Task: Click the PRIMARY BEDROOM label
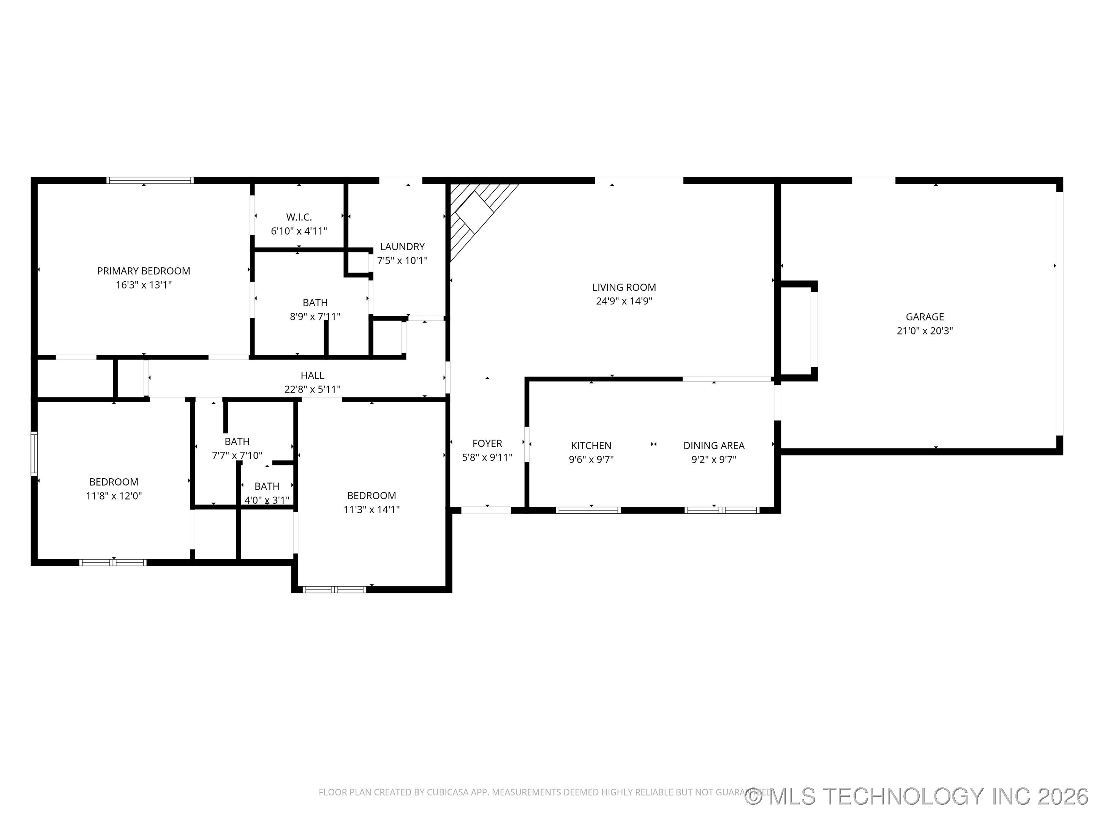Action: (x=144, y=271)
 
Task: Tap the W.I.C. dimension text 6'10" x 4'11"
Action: (x=299, y=231)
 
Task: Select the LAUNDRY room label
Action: (x=402, y=246)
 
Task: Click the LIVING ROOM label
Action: (x=624, y=287)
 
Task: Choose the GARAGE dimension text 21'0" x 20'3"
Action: (x=924, y=331)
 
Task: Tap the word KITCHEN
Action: (x=591, y=445)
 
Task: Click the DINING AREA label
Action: (x=714, y=445)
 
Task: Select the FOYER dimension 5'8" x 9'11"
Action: (x=487, y=457)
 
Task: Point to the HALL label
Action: (x=312, y=375)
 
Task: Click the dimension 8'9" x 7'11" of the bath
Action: (x=315, y=316)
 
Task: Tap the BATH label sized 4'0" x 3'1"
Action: (x=267, y=486)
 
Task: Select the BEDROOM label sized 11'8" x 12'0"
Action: (x=114, y=482)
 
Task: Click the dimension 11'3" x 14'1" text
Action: (x=372, y=509)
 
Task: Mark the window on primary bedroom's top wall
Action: (x=150, y=180)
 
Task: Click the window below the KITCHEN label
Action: (x=588, y=510)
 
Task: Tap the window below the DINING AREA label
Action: (x=722, y=510)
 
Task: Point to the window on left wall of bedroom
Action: (x=34, y=453)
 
